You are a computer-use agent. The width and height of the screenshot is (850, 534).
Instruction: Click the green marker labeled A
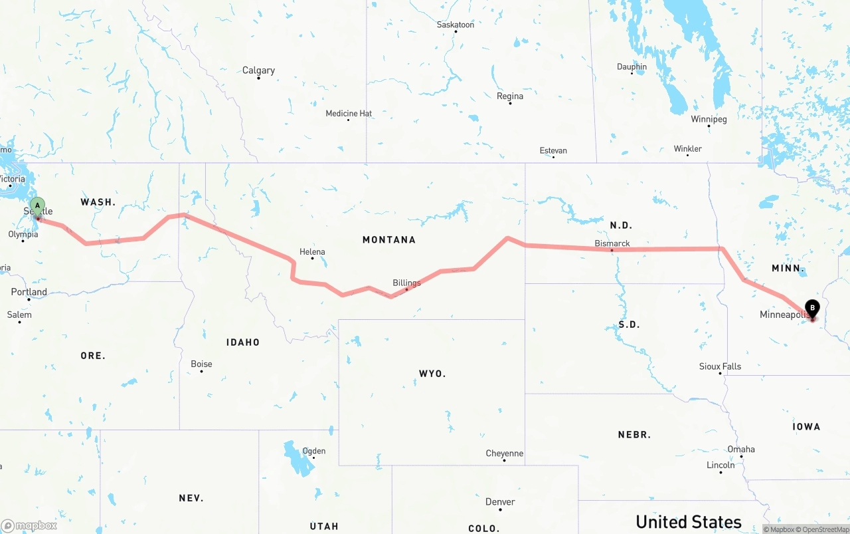click(x=38, y=205)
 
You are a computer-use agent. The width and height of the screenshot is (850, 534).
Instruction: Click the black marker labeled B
click(x=812, y=308)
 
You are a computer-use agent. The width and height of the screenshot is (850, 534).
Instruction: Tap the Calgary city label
click(x=258, y=70)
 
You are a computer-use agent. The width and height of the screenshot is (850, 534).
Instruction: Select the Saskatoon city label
click(x=456, y=25)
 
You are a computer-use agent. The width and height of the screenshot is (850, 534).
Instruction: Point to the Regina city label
click(x=510, y=96)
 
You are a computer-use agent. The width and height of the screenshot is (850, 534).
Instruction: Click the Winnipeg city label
click(x=709, y=120)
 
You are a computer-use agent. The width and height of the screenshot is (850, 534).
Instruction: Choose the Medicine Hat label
click(x=349, y=114)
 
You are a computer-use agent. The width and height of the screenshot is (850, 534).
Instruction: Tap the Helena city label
click(x=312, y=252)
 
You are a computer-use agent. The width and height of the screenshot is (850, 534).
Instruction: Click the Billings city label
click(x=406, y=283)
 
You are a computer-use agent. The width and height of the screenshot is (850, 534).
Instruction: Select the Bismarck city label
click(x=612, y=243)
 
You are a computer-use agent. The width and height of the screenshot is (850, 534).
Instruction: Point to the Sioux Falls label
click(x=720, y=366)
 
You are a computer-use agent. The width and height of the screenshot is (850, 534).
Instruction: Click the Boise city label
click(x=201, y=364)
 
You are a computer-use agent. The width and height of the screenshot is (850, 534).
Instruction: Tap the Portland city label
click(x=29, y=292)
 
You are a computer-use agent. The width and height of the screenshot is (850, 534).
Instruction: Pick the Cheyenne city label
click(x=505, y=454)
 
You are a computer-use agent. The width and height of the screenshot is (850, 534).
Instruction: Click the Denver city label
click(x=500, y=502)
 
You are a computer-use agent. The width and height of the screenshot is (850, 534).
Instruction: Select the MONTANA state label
click(x=389, y=239)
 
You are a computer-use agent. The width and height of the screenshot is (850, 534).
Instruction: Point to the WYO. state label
click(x=432, y=374)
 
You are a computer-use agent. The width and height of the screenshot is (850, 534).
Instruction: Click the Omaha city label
click(x=741, y=450)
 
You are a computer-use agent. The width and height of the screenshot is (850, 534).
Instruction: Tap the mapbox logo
click(x=29, y=525)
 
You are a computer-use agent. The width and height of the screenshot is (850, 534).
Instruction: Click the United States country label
click(x=689, y=521)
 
